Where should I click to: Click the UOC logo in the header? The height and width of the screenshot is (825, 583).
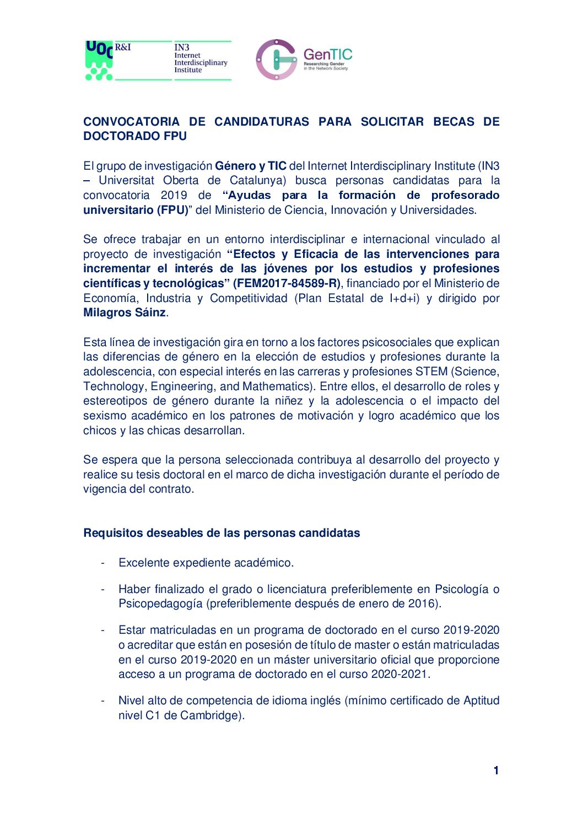99,60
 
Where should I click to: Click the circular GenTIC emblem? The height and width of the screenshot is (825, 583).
276,60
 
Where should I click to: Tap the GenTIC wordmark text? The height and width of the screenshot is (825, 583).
327,55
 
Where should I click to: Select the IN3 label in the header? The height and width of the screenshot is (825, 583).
182,47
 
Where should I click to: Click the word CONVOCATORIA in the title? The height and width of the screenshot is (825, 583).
131,122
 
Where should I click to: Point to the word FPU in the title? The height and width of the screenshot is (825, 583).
175,136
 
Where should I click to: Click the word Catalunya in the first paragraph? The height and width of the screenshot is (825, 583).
258,181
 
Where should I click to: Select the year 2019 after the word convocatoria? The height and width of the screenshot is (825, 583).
174,196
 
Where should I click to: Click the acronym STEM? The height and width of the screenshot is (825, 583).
432,372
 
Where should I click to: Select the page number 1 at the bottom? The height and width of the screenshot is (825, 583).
496,770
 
